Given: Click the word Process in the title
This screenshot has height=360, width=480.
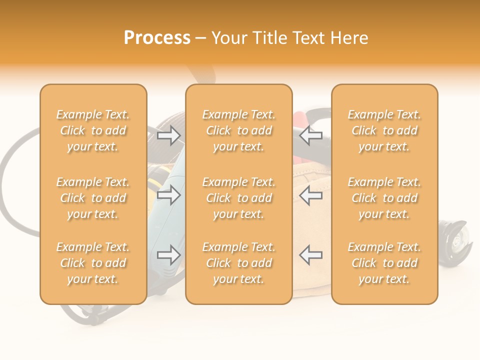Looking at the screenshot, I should point(157,38).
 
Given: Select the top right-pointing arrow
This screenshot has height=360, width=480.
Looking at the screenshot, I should point(169,135).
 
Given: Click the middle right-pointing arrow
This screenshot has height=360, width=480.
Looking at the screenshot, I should point(169,195).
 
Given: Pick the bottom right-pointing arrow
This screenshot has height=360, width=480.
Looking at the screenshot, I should point(169,255).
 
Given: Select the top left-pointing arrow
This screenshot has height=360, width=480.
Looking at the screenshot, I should point(310,135).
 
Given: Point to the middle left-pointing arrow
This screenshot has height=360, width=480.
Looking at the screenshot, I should point(310,195).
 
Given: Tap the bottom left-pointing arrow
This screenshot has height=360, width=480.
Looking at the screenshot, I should point(310,255).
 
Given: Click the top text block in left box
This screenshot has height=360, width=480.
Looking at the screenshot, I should point(93,130).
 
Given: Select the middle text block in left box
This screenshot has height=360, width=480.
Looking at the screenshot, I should point(93,198).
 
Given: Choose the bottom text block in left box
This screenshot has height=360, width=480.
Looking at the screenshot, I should point(93,263).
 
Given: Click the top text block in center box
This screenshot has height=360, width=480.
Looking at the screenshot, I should point(238,130).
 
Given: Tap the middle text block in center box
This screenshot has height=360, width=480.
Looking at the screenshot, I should point(238,198).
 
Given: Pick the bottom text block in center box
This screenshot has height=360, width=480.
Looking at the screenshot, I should point(238,263).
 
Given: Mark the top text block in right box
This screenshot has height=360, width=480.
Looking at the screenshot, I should point(384,130).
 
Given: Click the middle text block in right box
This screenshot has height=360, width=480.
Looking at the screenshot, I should point(384,198).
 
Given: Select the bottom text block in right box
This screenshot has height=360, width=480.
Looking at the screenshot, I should point(384,263).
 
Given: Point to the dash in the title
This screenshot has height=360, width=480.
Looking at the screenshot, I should point(201,38).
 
